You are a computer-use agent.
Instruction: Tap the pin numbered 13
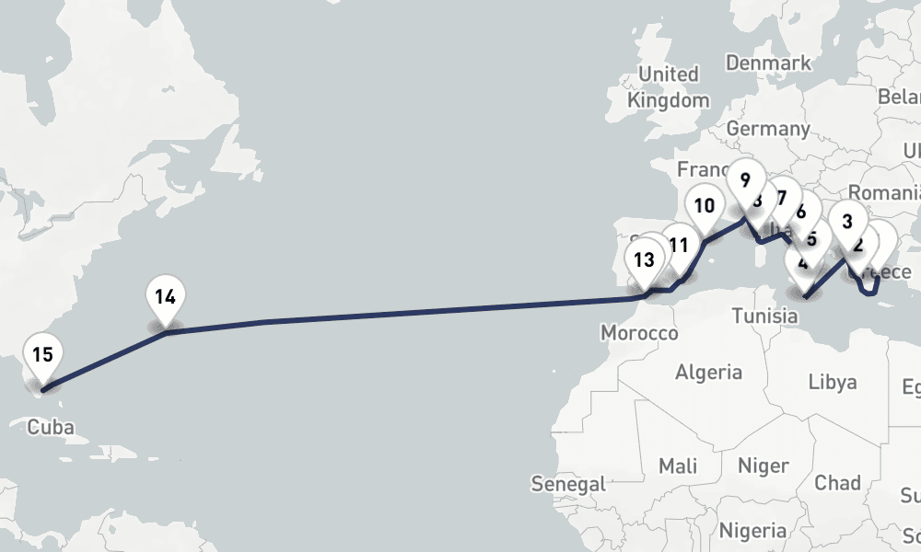644,260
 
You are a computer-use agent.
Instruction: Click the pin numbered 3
847,222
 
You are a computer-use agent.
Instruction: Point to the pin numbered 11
680,246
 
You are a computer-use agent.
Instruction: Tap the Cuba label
51,427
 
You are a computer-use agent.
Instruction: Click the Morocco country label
639,333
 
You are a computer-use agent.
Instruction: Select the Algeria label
709,373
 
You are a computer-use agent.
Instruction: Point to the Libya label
833,382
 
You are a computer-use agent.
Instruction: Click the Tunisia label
764,316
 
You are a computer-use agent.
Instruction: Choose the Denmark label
768,63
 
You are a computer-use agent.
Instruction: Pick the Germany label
766,129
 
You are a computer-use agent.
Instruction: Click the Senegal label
568,484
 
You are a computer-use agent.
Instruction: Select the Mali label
678,466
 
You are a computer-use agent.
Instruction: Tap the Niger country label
764,466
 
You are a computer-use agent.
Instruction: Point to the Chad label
837,483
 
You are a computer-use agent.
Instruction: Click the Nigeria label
752,531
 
